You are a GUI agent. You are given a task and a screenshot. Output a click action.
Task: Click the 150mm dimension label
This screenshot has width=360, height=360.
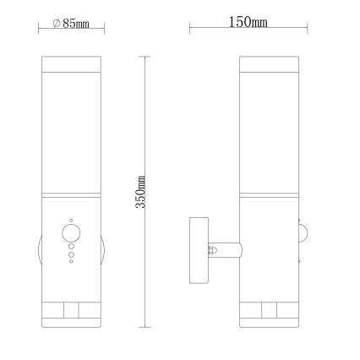click(248, 22)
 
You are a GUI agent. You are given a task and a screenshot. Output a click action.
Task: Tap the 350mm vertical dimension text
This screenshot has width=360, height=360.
click(142, 192)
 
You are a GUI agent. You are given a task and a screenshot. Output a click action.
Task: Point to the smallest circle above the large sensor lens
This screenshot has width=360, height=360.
click(71, 217)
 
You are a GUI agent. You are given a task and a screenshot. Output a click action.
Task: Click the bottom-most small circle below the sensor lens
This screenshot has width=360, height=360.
click(71, 263)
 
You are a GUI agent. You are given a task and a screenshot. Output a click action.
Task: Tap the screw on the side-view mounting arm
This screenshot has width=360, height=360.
click(213, 250)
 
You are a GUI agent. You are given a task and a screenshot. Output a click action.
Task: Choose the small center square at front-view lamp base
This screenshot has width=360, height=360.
click(71, 310)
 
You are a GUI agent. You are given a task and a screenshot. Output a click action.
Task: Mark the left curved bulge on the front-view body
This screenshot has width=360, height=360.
click(39, 251)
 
